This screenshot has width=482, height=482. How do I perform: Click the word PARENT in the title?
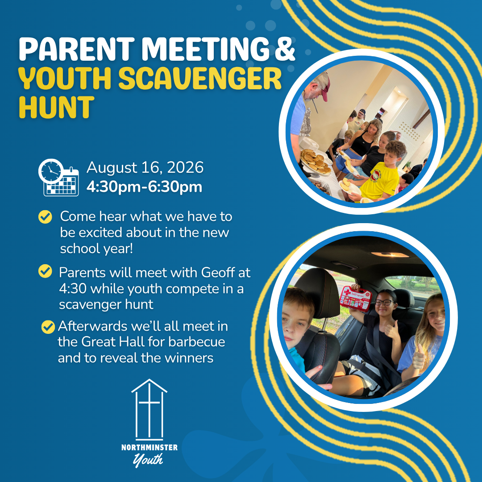click(77, 49)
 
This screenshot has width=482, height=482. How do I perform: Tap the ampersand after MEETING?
click(285, 49)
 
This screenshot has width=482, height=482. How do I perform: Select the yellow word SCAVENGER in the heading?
click(200, 78)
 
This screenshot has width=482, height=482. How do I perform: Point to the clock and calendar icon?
click(58, 177)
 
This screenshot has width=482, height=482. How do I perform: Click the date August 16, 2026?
click(145, 167)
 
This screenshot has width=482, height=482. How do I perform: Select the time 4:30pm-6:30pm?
click(144, 187)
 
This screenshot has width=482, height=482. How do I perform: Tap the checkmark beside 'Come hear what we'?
click(45, 217)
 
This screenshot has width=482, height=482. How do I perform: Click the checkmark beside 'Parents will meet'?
click(45, 271)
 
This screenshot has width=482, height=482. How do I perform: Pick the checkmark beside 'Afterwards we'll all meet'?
click(48, 327)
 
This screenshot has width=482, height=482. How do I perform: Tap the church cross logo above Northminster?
click(150, 409)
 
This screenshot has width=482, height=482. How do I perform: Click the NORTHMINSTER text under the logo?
click(150, 447)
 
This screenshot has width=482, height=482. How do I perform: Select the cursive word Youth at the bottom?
click(148, 460)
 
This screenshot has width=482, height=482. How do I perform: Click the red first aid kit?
click(356, 298)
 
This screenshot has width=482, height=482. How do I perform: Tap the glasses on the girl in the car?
click(383, 303)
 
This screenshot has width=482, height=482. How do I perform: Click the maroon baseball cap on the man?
click(324, 86)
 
